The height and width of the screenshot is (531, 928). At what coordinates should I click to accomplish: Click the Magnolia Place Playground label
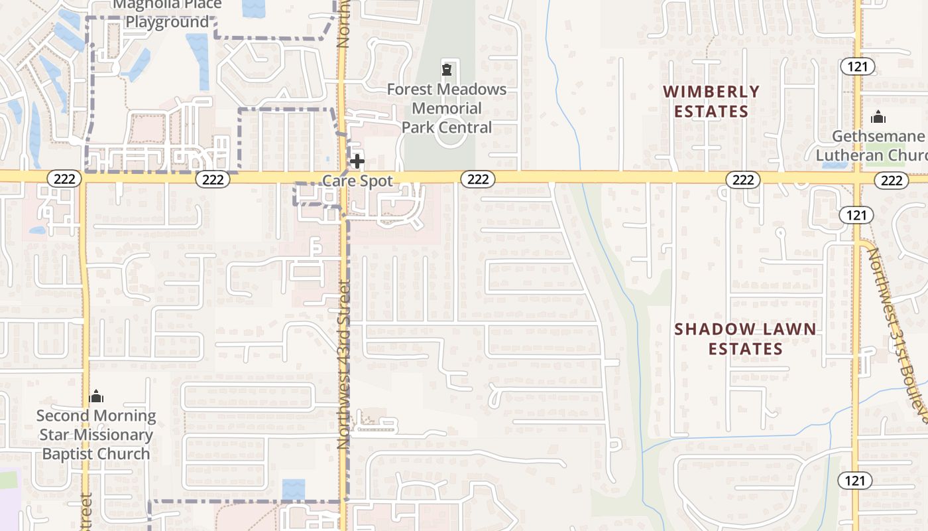(166, 13)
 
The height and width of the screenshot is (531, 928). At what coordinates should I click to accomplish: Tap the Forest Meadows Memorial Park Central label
(447, 108)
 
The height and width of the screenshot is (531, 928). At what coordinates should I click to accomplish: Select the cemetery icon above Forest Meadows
(447, 69)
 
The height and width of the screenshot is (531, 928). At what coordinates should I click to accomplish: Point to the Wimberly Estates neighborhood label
(711, 101)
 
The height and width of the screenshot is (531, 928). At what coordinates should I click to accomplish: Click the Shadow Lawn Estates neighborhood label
(745, 339)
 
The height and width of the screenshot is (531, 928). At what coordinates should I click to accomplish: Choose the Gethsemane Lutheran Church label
(878, 145)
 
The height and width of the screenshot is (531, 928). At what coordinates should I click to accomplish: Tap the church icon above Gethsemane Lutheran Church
(878, 117)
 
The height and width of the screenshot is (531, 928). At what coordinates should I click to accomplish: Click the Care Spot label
(357, 181)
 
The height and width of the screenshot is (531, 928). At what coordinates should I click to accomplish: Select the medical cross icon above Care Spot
(357, 161)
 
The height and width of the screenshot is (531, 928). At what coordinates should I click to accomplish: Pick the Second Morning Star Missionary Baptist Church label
(96, 435)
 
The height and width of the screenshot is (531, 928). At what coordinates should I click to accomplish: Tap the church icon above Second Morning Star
(97, 396)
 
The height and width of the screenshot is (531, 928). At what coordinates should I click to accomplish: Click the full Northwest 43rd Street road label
(343, 364)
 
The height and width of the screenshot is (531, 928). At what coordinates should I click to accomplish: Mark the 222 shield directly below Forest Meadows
(477, 179)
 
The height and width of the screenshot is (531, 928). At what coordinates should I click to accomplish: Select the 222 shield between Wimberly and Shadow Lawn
(742, 179)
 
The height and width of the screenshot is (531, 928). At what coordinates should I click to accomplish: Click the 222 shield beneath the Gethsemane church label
(892, 180)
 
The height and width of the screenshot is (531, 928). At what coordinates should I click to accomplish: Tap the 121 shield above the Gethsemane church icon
(857, 66)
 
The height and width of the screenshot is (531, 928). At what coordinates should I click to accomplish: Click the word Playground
(166, 22)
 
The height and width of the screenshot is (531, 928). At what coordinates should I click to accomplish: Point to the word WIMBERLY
(711, 92)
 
